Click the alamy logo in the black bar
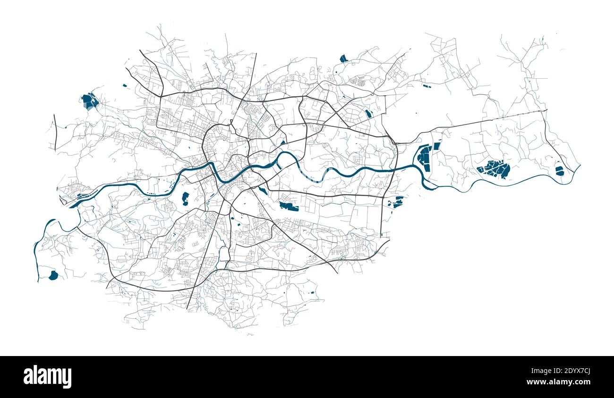(47, 377)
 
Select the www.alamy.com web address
(561, 382)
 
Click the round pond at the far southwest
(53, 275)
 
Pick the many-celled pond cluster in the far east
(495, 168)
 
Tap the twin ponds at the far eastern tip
(559, 171)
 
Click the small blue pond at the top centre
(343, 59)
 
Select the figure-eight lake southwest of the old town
(185, 199)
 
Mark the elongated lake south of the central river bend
(289, 206)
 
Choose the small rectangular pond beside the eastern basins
(436, 146)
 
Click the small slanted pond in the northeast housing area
(368, 114)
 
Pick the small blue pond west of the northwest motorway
(125, 85)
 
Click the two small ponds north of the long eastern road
(426, 87)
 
